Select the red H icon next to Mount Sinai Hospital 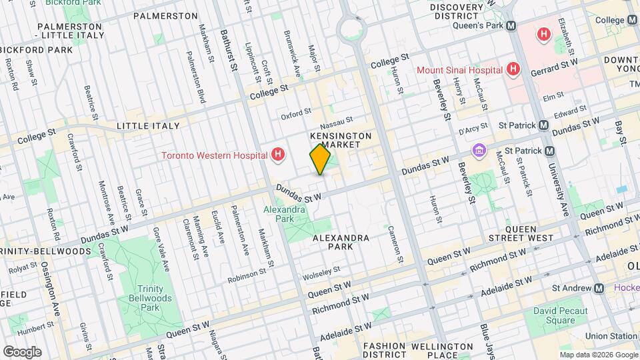click(x=513, y=69)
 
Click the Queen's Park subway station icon click(x=511, y=25)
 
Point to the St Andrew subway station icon click(x=599, y=288)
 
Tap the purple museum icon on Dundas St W click(x=478, y=151)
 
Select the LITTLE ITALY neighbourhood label click(x=148, y=125)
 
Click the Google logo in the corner click(x=22, y=351)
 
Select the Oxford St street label click(x=296, y=114)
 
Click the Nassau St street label click(x=335, y=125)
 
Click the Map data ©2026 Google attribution click(x=598, y=354)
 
